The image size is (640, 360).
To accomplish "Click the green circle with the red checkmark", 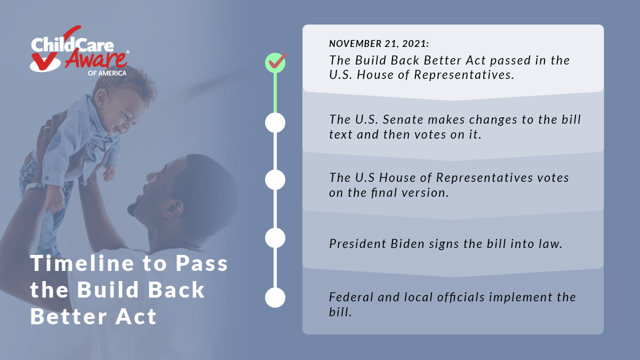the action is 275,62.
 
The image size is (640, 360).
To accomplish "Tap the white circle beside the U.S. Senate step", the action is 275,123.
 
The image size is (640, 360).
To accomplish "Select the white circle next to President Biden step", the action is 275,238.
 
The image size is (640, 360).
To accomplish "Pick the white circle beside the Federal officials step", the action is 275,298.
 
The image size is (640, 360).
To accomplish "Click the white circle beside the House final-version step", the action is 275,180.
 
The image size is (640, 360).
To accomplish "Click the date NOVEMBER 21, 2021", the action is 379,44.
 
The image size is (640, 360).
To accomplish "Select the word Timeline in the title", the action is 82,263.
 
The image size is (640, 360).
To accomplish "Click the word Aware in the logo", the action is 96,59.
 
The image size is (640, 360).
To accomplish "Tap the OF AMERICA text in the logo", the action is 107,73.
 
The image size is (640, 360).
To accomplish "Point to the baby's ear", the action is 101,98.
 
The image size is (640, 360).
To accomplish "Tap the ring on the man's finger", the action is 47,127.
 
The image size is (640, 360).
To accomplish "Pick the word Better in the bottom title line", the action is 69,317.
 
